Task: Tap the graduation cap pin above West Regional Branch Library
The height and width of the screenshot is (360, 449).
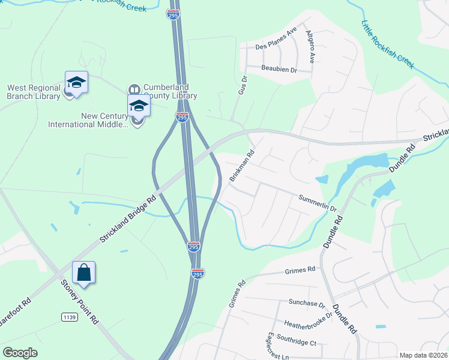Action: [76, 82]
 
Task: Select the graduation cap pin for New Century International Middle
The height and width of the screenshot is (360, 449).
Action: [139, 106]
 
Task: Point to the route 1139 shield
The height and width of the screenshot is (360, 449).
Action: [68, 316]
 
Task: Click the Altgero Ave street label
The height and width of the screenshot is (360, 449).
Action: [310, 47]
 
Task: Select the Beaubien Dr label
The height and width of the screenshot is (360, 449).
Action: [279, 70]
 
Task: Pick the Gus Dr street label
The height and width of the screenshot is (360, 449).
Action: [243, 83]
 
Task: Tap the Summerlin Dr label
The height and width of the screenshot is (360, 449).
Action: [318, 203]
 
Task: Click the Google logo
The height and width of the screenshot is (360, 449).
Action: [20, 353]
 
